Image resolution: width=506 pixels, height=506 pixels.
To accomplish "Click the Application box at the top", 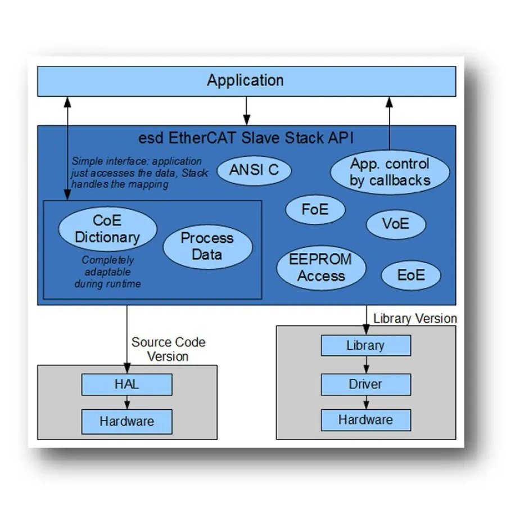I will click(x=246, y=81).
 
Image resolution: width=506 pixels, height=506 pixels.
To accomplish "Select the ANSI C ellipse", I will click(x=254, y=170).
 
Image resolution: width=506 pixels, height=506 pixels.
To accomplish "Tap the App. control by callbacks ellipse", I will click(x=390, y=172).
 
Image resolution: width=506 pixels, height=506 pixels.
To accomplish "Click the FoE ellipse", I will click(x=315, y=210).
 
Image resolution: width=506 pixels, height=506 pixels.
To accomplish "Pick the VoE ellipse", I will click(x=396, y=224).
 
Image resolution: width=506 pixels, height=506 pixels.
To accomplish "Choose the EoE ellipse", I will click(x=411, y=275).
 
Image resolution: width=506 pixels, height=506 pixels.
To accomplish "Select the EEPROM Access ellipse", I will click(x=320, y=268).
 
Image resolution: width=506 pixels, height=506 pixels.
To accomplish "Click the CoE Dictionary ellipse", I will click(x=107, y=229).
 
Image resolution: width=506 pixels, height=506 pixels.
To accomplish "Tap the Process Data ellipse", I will click(x=207, y=246).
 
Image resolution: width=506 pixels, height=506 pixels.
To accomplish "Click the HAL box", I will click(x=126, y=385).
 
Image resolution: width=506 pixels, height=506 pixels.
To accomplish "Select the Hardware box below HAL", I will click(x=126, y=421).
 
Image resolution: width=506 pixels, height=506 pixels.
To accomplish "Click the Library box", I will click(x=365, y=345).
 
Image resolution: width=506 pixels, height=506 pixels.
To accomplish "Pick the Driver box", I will click(x=365, y=385).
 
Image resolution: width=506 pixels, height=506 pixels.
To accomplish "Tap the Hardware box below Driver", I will click(x=365, y=419).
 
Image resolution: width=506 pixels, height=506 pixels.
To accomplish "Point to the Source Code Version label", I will click(x=168, y=349).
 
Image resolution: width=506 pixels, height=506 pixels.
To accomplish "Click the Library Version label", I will click(x=415, y=318).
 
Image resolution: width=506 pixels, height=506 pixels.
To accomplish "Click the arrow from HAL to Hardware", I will click(x=127, y=403).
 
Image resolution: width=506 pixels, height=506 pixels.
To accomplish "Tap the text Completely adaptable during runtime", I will click(x=107, y=272).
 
